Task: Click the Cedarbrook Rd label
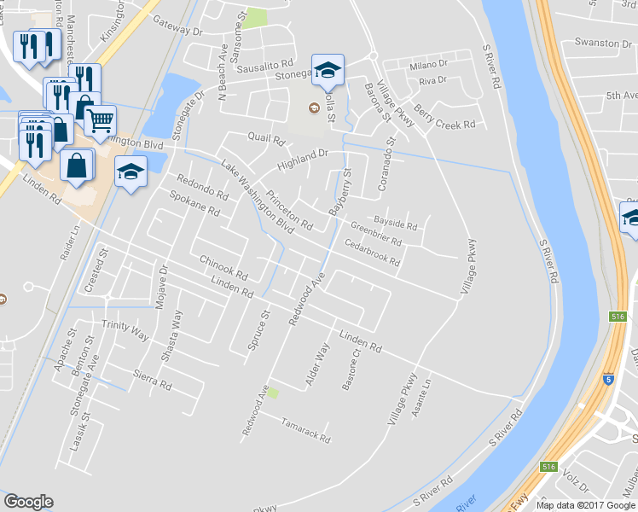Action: (x=372, y=253)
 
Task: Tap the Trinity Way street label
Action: (x=125, y=325)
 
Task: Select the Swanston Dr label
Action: (x=597, y=43)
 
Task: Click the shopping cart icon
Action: (x=101, y=120)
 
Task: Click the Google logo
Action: (x=28, y=503)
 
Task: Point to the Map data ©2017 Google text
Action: (x=585, y=505)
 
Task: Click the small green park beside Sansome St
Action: (x=254, y=19)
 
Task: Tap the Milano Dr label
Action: (x=428, y=65)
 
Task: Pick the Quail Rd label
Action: (x=265, y=137)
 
